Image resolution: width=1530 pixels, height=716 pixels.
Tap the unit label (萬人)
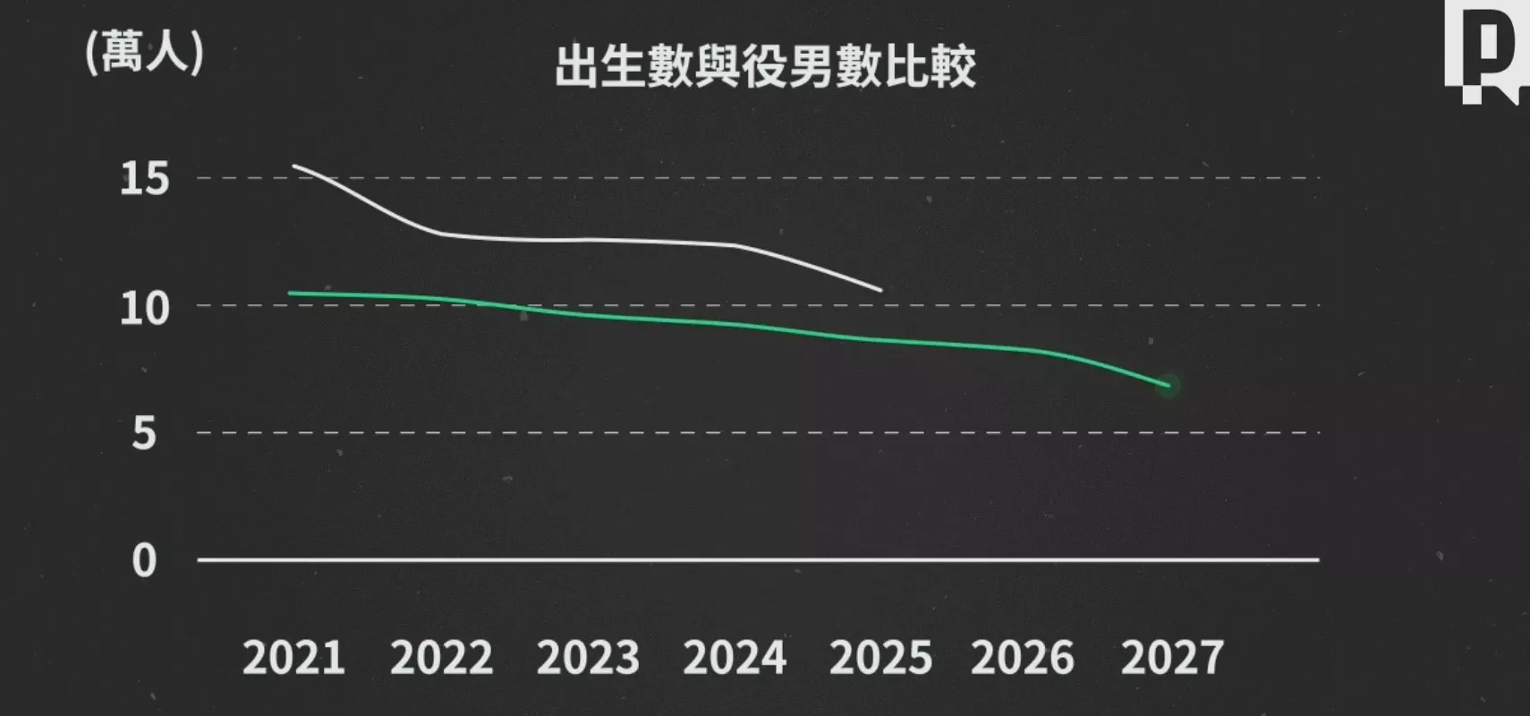(144, 52)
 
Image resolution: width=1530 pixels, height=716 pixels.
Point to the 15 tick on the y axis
(144, 179)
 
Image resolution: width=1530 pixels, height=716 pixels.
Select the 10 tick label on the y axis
(144, 309)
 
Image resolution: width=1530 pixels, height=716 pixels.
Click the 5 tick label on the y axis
(144, 434)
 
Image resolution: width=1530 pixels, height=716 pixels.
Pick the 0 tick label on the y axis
(144, 561)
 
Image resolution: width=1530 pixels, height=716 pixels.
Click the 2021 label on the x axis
(293, 659)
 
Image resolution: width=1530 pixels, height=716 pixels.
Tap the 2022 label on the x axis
(441, 659)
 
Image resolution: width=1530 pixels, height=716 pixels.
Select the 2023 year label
(588, 659)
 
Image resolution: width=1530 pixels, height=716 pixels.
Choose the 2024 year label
(735, 659)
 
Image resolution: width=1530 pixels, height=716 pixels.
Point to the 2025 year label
(880, 659)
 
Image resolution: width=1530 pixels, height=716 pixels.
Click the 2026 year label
(1023, 659)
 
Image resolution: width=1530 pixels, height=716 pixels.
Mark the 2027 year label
(1172, 659)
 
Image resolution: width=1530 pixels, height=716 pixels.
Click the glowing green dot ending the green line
(1168, 386)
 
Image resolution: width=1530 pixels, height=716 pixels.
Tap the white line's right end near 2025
(880, 290)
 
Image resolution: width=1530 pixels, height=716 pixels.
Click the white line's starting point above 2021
(294, 166)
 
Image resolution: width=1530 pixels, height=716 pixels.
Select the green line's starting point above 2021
(291, 294)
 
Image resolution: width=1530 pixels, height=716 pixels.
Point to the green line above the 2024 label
(735, 324)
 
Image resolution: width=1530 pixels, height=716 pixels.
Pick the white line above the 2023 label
(588, 239)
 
